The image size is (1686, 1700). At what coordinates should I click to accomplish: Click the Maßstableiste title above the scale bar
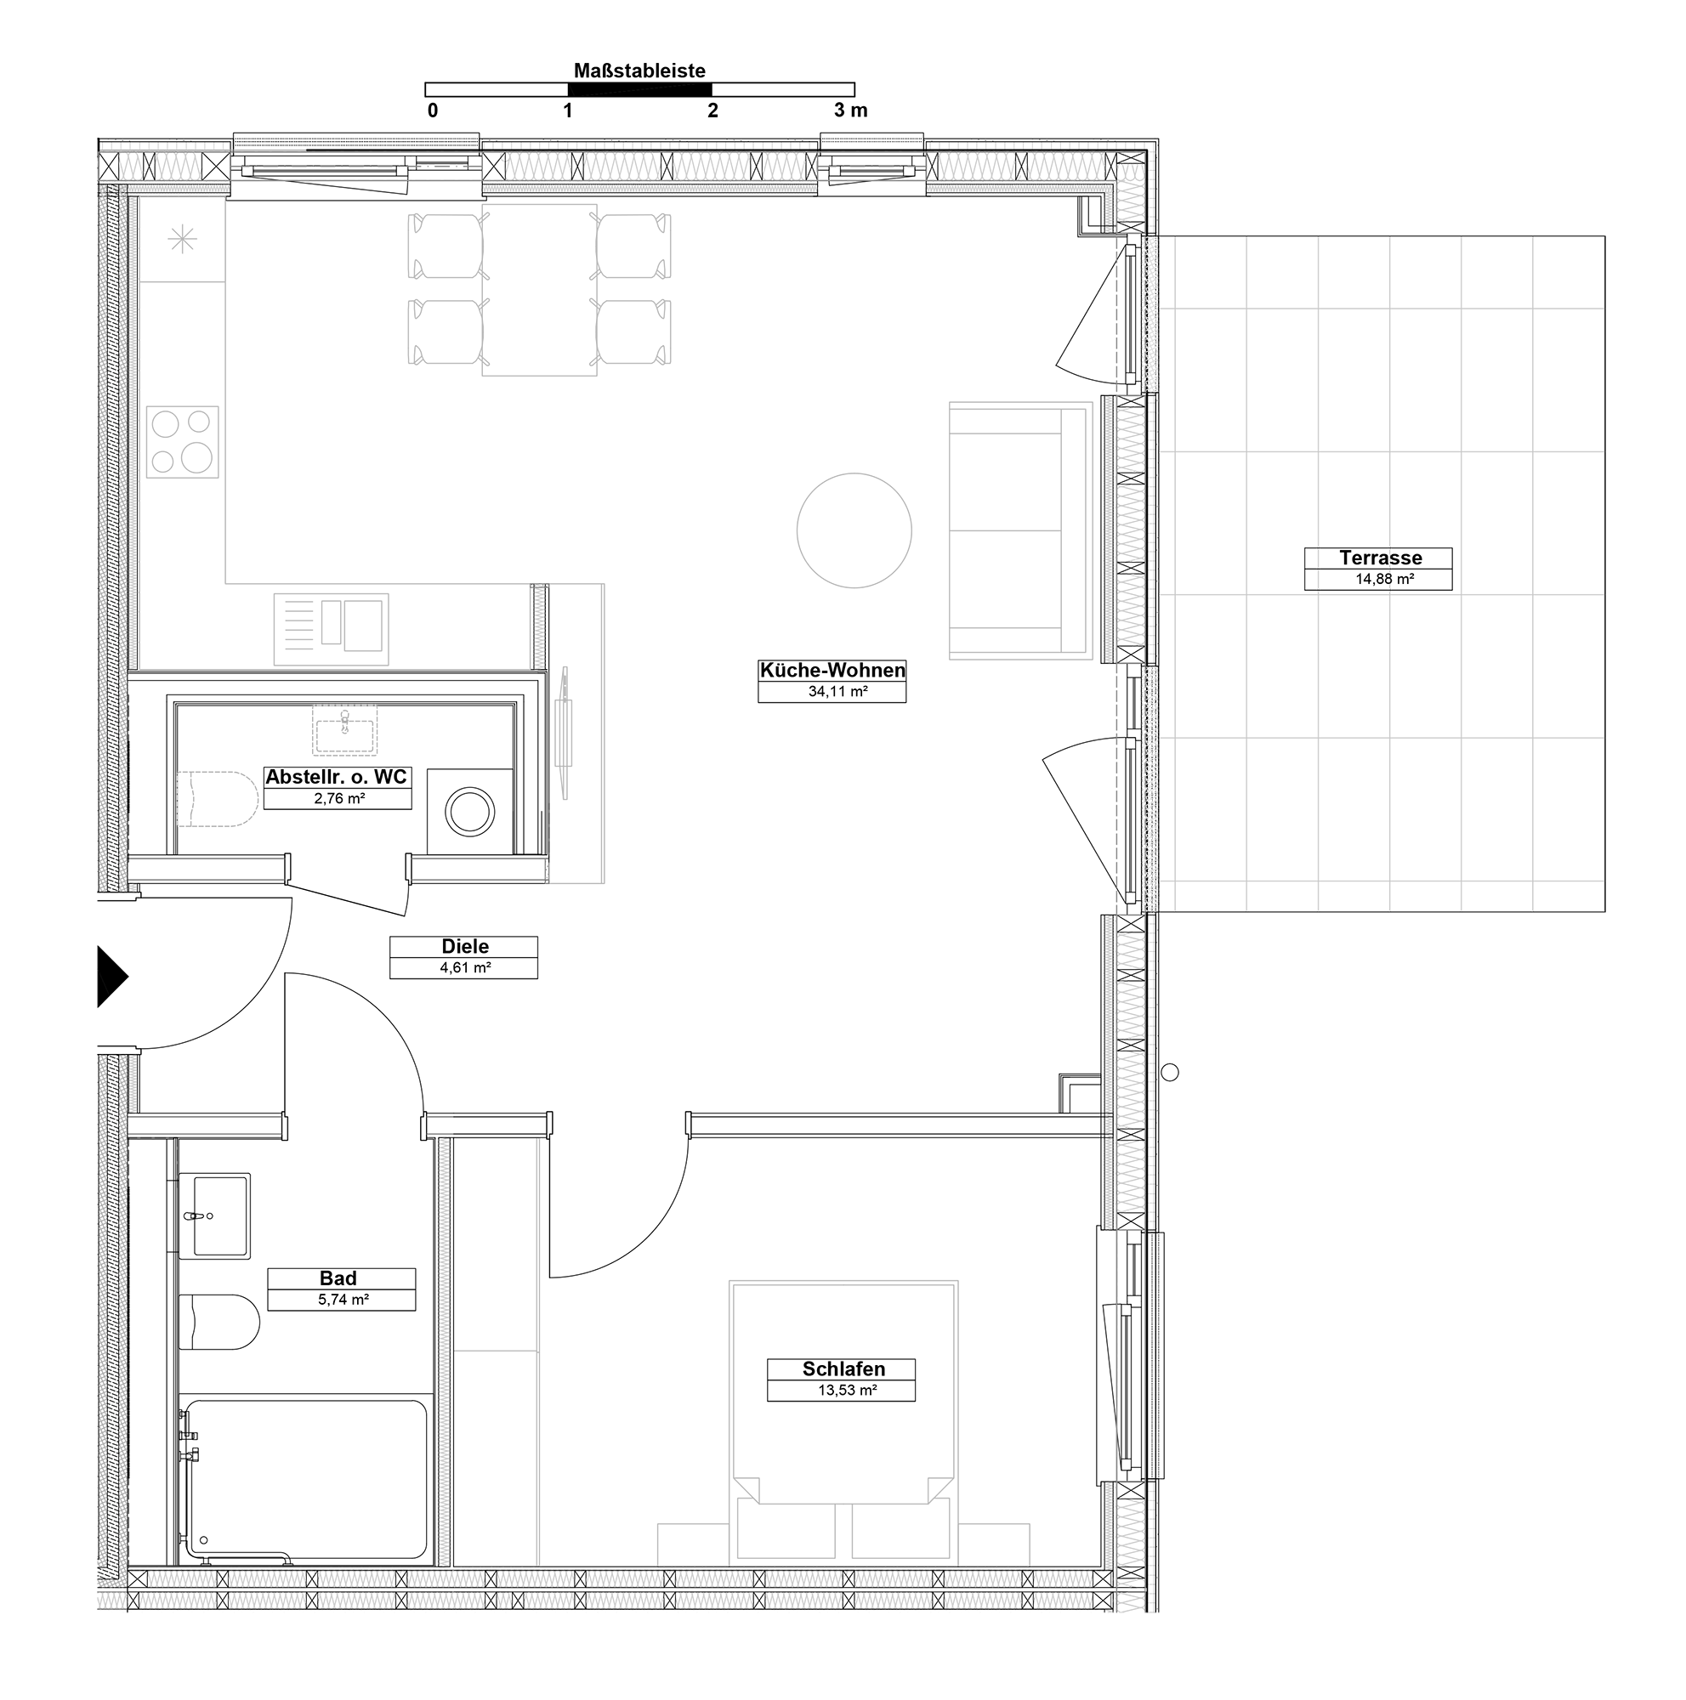[x=639, y=71]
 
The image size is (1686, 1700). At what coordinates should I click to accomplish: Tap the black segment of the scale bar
[x=639, y=89]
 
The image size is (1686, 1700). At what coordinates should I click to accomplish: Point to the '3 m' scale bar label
[x=851, y=110]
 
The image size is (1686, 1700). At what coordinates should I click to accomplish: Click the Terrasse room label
[x=1381, y=557]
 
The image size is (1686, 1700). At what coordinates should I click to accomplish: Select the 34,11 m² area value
[x=837, y=692]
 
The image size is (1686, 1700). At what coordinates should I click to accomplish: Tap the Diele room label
[x=464, y=946]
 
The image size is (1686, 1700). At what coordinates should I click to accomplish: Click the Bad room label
[x=338, y=1278]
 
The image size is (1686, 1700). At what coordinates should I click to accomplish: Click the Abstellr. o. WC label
[x=336, y=777]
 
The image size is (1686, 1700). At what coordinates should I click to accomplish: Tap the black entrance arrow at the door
[x=111, y=976]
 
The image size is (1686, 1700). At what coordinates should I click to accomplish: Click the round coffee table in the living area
[x=854, y=530]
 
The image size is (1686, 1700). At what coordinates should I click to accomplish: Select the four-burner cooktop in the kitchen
[x=182, y=442]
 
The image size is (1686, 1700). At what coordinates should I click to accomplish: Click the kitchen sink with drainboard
[x=331, y=629]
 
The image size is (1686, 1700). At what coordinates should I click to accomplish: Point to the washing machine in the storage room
[x=470, y=811]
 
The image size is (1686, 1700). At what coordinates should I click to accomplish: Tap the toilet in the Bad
[x=219, y=1322]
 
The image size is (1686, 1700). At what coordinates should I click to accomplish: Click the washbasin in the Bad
[x=215, y=1216]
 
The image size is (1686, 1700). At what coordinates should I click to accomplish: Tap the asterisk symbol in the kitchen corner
[x=182, y=240]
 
